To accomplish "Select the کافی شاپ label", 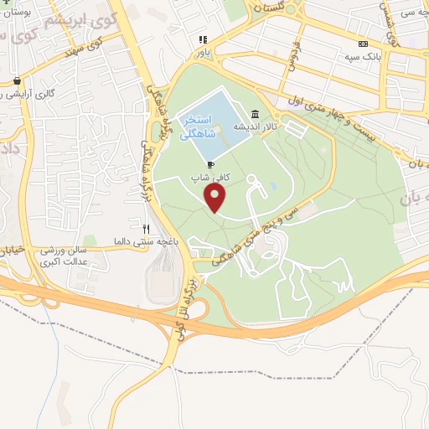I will tap(206, 178).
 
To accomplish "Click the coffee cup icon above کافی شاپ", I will tap(210, 165).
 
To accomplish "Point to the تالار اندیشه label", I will tap(256, 127).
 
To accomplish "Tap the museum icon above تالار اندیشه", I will tap(255, 115).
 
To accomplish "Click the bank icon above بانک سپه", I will tap(362, 44).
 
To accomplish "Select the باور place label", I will tap(202, 51).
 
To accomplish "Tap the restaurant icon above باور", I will tap(202, 39).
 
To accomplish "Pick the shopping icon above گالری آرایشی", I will tap(16, 81).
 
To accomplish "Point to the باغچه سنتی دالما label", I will tap(143, 241).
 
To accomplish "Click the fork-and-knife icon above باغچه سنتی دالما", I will tap(147, 229).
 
